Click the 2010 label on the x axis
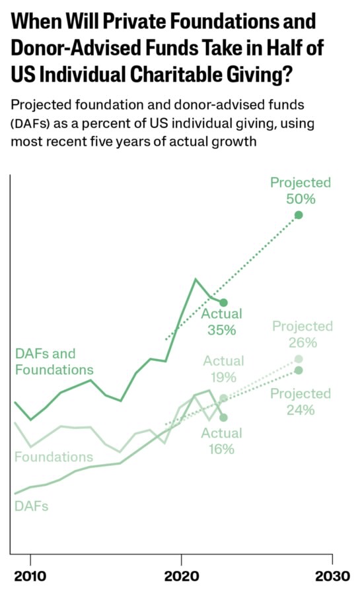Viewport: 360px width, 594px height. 30,576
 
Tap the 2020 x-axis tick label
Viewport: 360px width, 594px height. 181,576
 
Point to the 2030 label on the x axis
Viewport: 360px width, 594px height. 332,576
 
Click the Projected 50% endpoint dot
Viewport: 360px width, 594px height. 299,215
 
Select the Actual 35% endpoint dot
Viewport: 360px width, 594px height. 223,302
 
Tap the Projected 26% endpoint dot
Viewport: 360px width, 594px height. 299,359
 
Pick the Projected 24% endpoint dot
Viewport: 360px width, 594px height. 299,370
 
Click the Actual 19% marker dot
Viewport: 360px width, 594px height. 223,398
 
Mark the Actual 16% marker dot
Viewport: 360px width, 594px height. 223,418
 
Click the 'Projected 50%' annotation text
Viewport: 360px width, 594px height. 301,191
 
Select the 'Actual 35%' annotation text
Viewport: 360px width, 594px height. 222,322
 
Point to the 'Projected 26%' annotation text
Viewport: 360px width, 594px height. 303,334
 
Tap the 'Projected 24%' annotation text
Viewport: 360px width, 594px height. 301,401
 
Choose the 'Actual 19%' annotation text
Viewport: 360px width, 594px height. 223,369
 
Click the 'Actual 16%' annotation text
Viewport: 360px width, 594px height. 222,441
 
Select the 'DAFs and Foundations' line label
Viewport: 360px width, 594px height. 54,362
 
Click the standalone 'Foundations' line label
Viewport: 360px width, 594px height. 54,457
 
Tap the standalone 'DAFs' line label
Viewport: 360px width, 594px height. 32,506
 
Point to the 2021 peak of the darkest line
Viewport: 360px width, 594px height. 196,279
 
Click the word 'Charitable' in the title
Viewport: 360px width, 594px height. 176,73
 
